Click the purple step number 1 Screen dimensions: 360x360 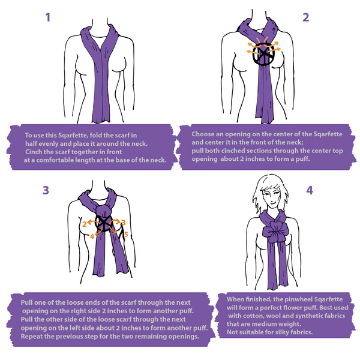(x=48, y=17)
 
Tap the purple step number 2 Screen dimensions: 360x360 (x=306, y=17)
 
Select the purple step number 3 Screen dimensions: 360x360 (x=46, y=190)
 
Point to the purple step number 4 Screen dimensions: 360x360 (x=310, y=190)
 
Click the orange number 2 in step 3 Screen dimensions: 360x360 (x=85, y=224)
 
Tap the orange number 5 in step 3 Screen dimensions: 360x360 (x=126, y=235)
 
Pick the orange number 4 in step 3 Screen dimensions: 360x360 (x=92, y=236)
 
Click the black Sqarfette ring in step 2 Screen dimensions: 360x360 (x=263, y=54)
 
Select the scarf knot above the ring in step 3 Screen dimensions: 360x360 (x=103, y=211)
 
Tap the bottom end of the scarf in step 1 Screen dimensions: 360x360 (x=101, y=121)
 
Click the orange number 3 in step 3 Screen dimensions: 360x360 (x=123, y=223)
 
